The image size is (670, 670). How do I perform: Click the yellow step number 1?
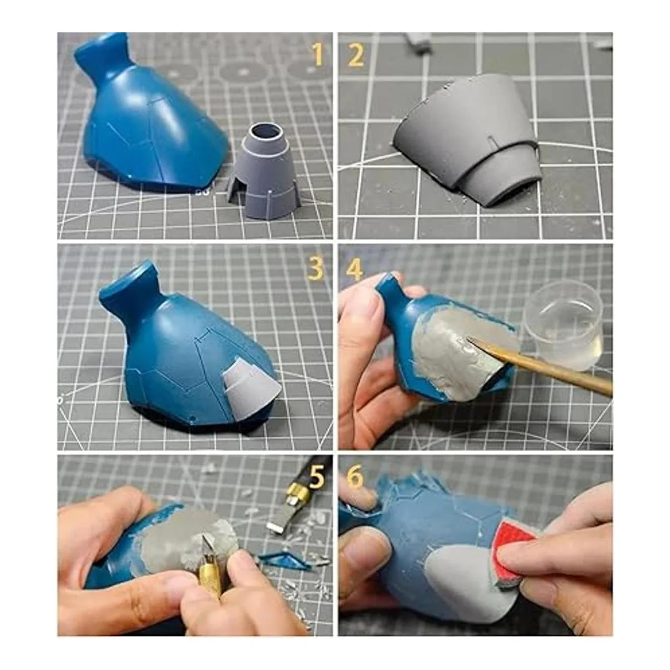tap(317, 55)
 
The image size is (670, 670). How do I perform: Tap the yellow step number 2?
tap(356, 55)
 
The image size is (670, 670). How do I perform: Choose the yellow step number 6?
tap(355, 477)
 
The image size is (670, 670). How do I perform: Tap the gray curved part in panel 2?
tap(466, 139)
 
